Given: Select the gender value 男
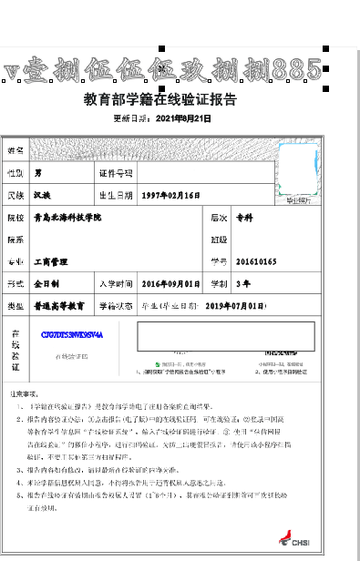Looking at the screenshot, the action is pyautogui.click(x=38, y=172).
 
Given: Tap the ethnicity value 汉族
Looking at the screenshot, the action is pyautogui.click(x=43, y=195).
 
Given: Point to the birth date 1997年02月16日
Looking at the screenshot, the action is pyautogui.click(x=170, y=195).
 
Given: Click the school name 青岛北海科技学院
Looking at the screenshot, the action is pyautogui.click(x=67, y=219).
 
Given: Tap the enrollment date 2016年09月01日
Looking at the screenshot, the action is pyautogui.click(x=170, y=284).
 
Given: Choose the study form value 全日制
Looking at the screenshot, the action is pyautogui.click(x=46, y=284).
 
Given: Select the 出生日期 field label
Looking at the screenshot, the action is pyautogui.click(x=116, y=195).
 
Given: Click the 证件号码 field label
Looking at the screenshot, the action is pyautogui.click(x=116, y=172).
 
